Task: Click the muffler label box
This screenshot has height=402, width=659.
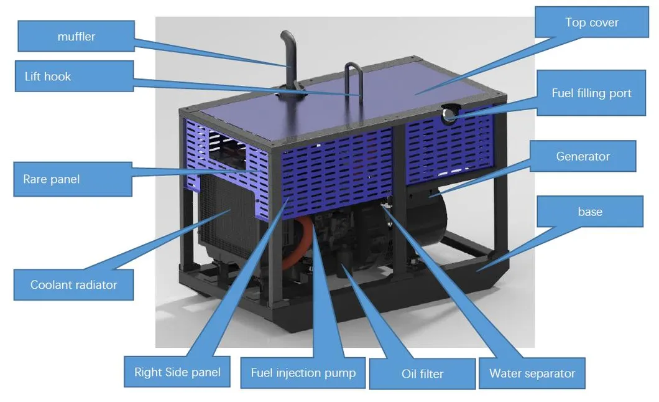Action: point(76,36)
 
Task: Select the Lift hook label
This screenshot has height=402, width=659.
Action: point(75,76)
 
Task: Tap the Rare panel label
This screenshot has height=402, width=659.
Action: point(73,179)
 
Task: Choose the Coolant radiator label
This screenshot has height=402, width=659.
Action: point(73,284)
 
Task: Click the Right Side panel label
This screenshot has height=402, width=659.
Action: point(177,372)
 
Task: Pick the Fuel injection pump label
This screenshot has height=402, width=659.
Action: point(303,373)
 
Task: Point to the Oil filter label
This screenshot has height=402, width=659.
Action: point(422,373)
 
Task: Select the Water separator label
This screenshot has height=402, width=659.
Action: point(532,373)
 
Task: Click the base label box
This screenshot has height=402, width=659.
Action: point(590,212)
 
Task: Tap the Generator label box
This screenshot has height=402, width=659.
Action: point(583,156)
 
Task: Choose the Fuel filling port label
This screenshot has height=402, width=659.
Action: point(591,93)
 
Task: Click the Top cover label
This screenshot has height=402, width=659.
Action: point(592,22)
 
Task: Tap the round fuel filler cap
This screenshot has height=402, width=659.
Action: point(449,113)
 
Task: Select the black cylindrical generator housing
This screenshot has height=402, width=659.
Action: point(426,218)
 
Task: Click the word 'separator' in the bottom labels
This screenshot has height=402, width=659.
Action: point(550,373)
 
